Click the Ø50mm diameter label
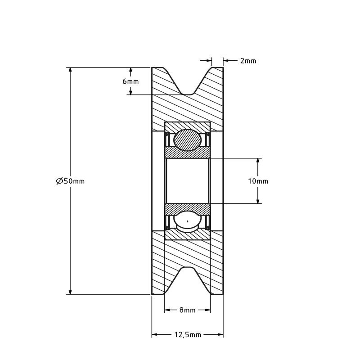click(x=71, y=181)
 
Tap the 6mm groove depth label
click(x=130, y=81)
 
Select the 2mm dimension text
click(x=248, y=61)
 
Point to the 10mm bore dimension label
click(x=258, y=181)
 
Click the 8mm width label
click(x=187, y=310)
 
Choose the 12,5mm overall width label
click(x=188, y=335)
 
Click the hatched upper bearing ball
click(x=188, y=140)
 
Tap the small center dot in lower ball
click(x=188, y=221)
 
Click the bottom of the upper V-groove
click(x=188, y=94)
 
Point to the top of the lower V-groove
click(x=188, y=267)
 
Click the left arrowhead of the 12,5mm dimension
click(x=154, y=334)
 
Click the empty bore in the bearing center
click(x=188, y=181)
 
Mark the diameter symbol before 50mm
click(x=59, y=181)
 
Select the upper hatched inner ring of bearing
click(x=188, y=153)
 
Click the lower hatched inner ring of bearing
click(x=188, y=209)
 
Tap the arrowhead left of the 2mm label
click(x=209, y=61)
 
